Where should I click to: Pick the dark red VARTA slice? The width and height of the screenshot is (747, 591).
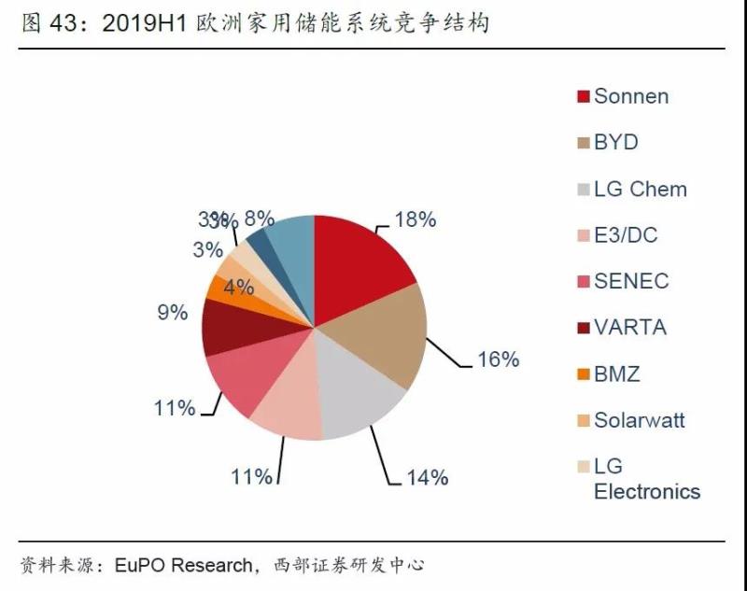coord(229,327)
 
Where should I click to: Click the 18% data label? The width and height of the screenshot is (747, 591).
coord(415,220)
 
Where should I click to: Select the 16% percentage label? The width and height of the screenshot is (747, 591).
coord(497,359)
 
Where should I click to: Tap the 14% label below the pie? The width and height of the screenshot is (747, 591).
coord(427,477)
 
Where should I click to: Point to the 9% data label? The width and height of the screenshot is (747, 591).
coord(173,313)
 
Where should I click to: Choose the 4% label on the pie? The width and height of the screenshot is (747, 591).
coord(239,287)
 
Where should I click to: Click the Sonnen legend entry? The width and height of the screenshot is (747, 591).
coord(631,96)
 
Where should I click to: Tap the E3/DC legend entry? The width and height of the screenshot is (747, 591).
coord(627,235)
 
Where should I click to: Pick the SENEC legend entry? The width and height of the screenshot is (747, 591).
coord(631,281)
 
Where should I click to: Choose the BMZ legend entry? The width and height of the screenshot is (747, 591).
coord(617,374)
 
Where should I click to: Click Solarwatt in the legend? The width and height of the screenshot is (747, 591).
coord(640,420)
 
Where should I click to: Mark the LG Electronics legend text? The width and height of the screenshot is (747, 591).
coord(647,479)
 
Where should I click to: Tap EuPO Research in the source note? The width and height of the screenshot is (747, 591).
coord(184,566)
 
